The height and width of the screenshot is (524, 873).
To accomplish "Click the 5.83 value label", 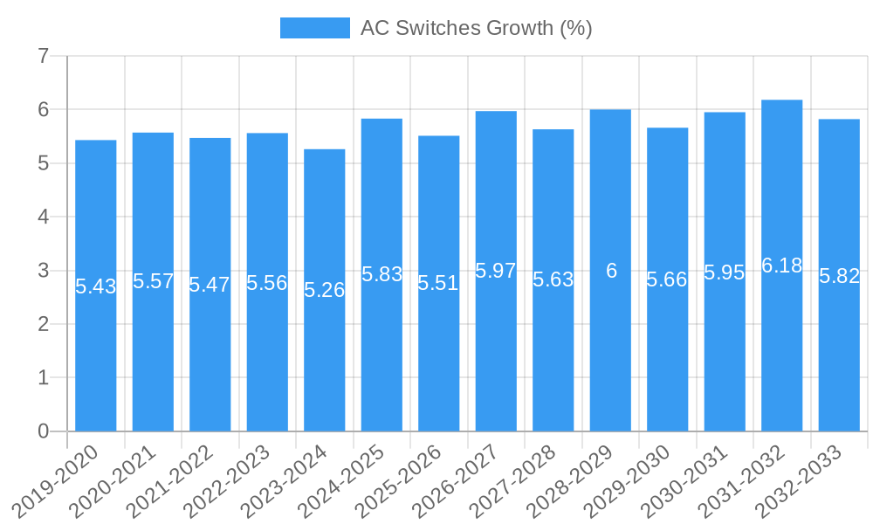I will tap(382, 274).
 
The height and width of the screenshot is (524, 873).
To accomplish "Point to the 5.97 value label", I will tap(496, 271).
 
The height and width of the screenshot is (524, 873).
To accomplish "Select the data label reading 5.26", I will tap(325, 290).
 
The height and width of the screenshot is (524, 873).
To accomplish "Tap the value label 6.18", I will tap(781, 265).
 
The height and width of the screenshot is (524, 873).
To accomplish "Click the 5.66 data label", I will tap(667, 279).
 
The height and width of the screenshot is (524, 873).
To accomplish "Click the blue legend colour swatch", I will tap(314, 28).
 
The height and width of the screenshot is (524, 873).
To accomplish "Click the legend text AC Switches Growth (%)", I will tap(476, 28).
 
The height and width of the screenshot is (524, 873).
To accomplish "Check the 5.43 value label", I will tap(96, 286).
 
